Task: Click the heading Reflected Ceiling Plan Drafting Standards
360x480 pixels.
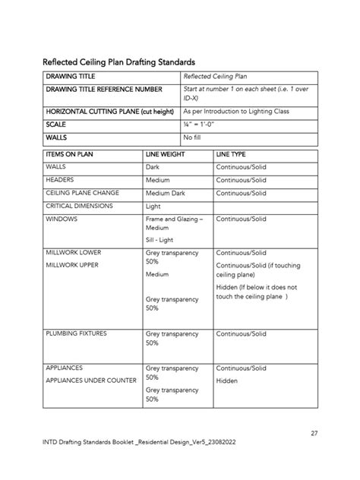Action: coord(119,61)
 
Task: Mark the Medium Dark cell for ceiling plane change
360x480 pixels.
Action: coord(165,193)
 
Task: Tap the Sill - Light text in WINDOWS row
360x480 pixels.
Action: coord(159,239)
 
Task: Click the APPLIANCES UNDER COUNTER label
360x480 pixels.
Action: coord(91,380)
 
